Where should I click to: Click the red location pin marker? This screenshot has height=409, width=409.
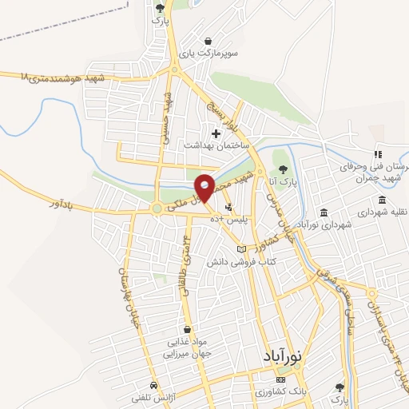[x=204, y=187]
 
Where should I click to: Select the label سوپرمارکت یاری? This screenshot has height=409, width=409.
[x=209, y=55]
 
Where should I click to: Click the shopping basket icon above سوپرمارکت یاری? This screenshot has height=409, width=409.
[x=208, y=42]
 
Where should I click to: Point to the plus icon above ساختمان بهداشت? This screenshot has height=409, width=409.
[x=215, y=133]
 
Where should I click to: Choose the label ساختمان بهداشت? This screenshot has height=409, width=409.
[x=217, y=146]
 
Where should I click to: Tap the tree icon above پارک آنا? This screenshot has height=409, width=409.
[x=283, y=169]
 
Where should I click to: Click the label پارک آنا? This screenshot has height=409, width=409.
[x=283, y=183]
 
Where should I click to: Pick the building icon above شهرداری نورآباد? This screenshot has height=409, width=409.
[x=324, y=212]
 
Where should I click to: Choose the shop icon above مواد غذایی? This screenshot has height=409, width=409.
[x=187, y=328]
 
